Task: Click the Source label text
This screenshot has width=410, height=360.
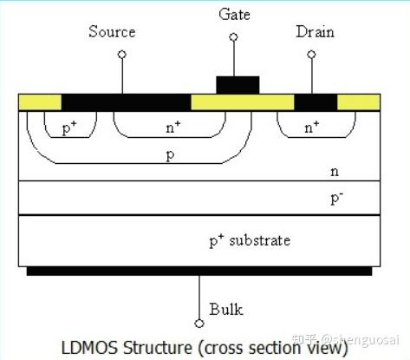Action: pos(112,31)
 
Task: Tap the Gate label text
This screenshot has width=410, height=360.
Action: pos(234,14)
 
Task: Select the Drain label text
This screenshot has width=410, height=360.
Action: pos(315,31)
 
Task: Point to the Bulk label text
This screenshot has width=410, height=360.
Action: pos(226,309)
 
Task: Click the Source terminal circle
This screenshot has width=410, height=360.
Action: pos(122,55)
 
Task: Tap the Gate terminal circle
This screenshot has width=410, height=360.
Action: pos(233,37)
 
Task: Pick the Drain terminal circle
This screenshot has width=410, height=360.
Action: pos(311,55)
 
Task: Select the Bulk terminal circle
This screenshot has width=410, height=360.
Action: pos(199,324)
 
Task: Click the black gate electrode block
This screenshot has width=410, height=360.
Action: pos(238,85)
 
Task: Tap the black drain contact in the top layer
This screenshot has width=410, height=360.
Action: pos(316,102)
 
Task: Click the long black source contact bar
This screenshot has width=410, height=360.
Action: pos(127,102)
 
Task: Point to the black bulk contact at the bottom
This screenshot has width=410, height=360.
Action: pos(199,271)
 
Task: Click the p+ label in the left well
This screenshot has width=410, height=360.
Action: pos(69,128)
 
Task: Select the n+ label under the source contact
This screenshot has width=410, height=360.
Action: pos(173,128)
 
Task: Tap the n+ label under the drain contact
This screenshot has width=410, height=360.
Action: pos(312,128)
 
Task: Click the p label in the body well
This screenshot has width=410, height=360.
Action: pos(171,155)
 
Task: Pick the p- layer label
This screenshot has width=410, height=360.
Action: pos(337,198)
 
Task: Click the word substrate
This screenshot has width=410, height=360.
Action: pos(260,241)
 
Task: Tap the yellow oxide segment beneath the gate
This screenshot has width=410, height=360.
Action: pos(243,102)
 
